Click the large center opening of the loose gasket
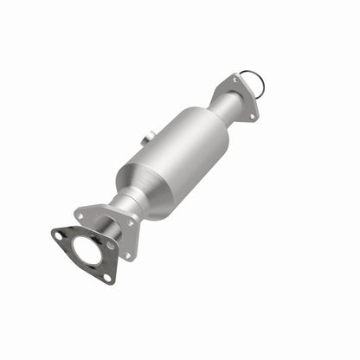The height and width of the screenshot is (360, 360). point(87,251)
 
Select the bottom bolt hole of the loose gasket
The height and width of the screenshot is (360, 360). point(109,276)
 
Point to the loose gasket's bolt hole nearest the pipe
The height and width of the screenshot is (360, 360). point(111,246)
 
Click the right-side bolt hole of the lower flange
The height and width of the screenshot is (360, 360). point(132,223)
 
